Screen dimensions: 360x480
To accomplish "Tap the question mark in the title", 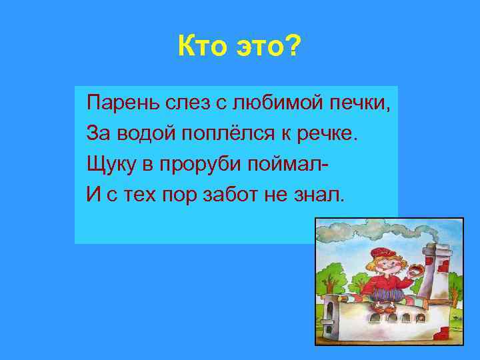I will click(x=294, y=49).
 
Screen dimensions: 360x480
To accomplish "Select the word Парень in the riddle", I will click(x=119, y=104).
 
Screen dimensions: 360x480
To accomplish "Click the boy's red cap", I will click(x=383, y=253).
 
